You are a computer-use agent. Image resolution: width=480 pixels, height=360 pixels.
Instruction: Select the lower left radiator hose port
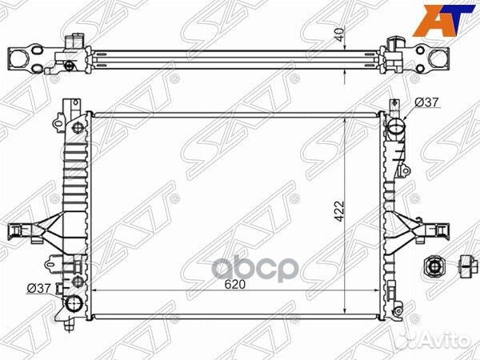pyautogui.click(x=74, y=303)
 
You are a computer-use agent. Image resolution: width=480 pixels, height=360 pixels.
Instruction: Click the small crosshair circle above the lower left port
pyautogui.click(x=77, y=281)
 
